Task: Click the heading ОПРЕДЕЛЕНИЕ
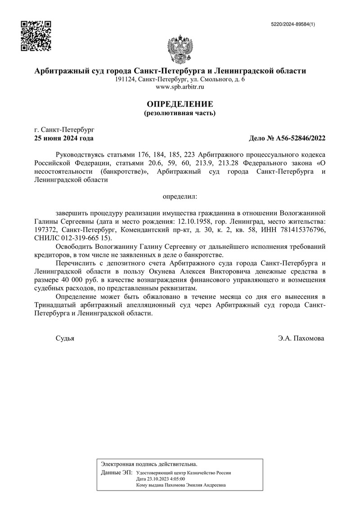pyautogui.click(x=180, y=104)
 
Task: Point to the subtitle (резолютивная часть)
pyautogui.click(x=180, y=113)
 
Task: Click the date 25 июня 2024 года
pyautogui.click(x=64, y=138)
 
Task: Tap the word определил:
pyautogui.click(x=180, y=197)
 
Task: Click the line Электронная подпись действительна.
pyautogui.click(x=149, y=464)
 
